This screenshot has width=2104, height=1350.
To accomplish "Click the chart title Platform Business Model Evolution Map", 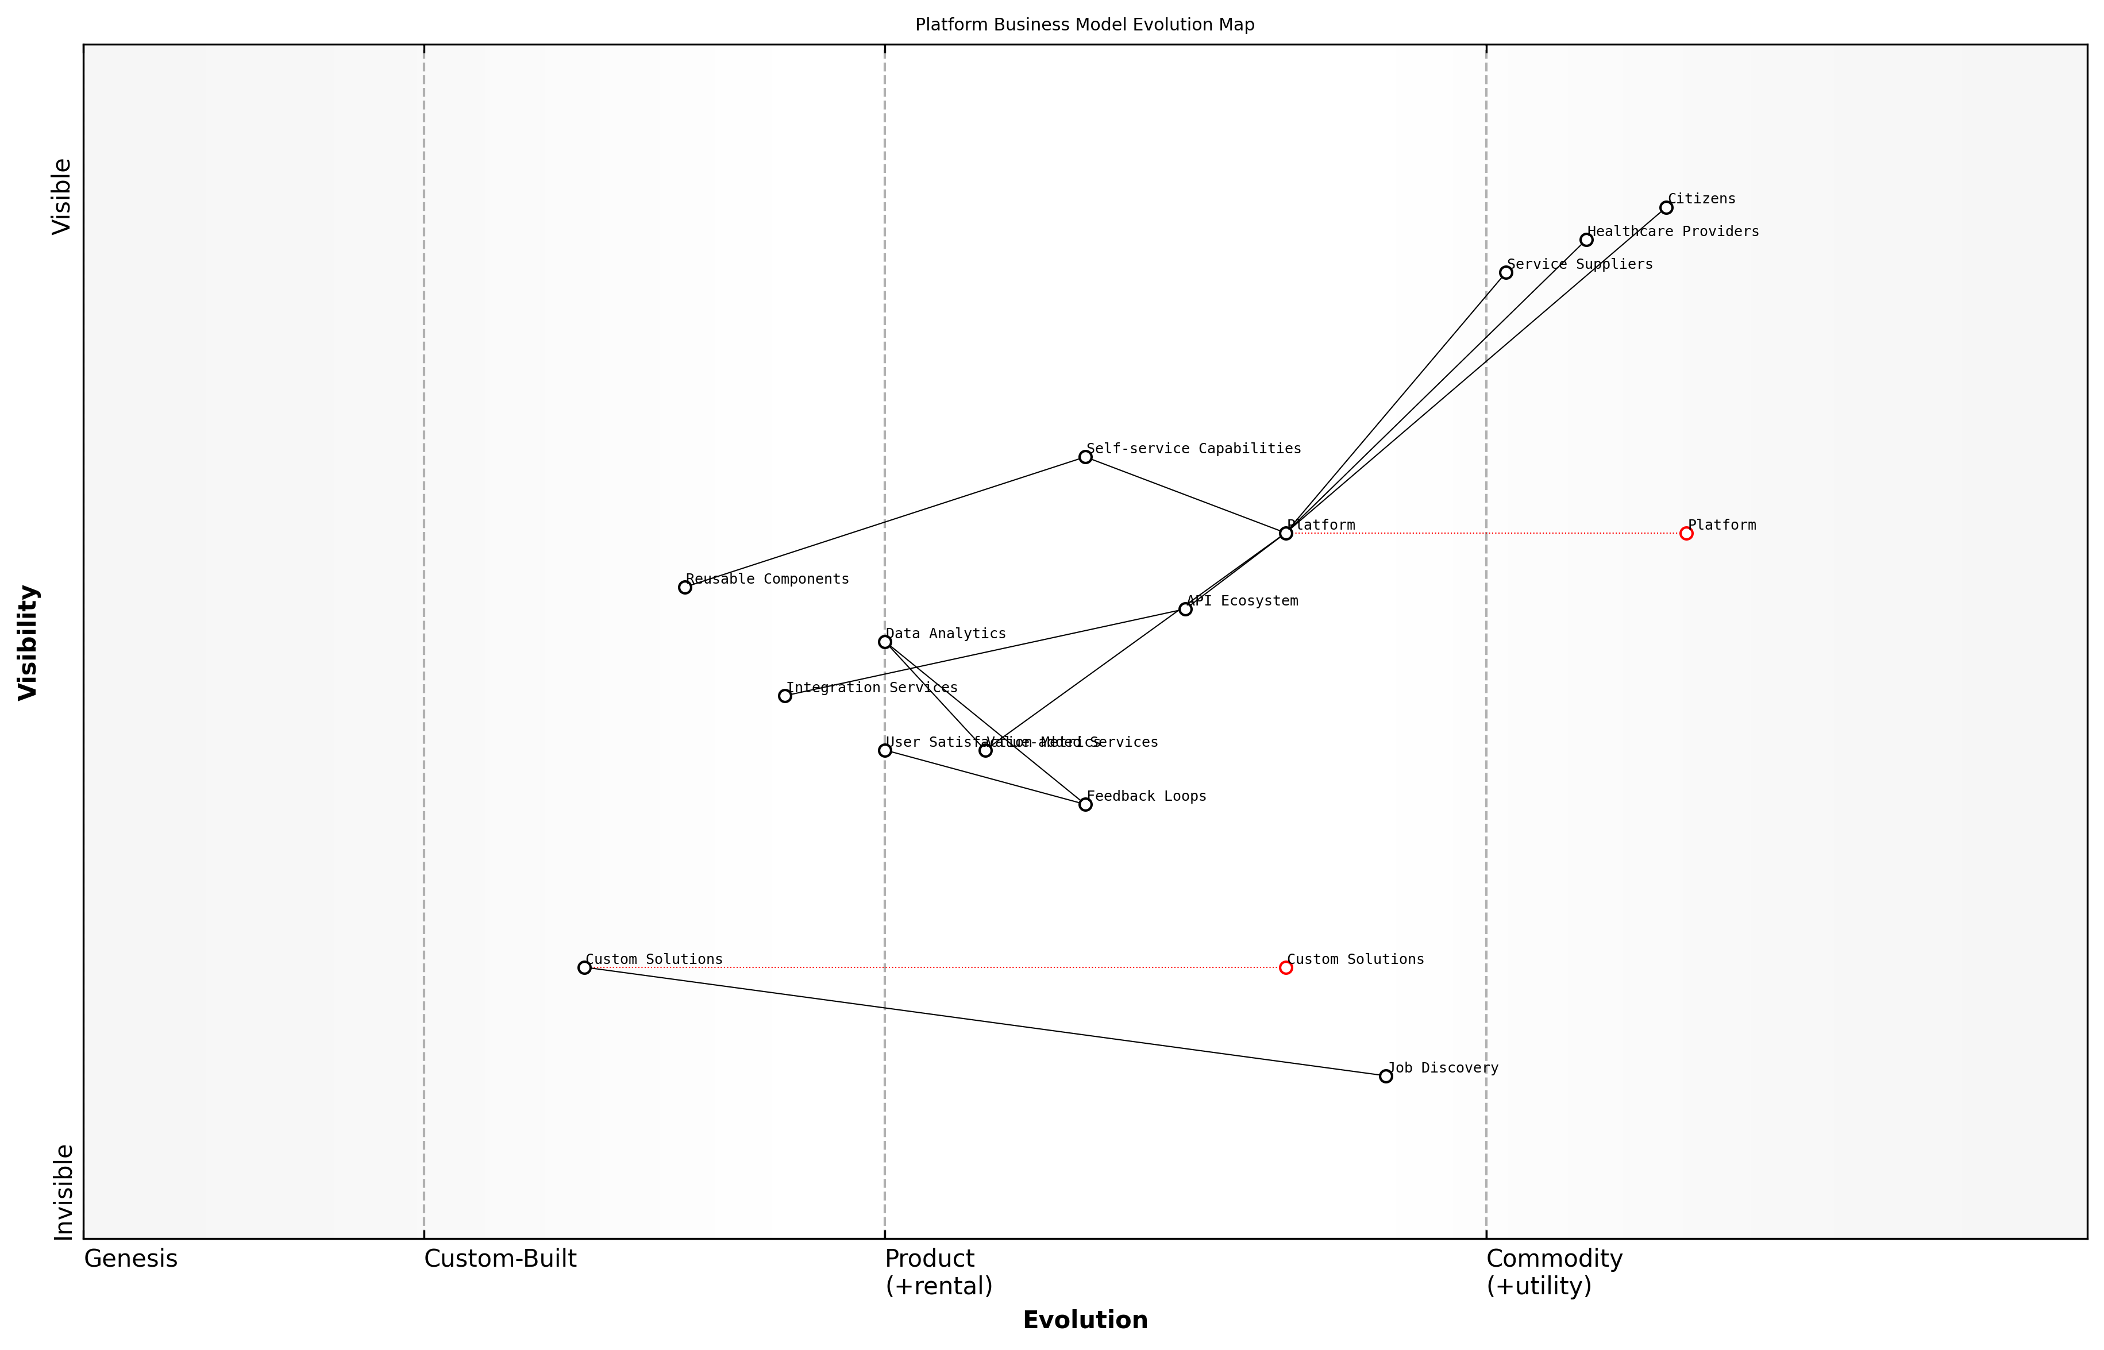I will tap(1084, 25).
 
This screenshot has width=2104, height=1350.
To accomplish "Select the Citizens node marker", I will tap(1666, 208).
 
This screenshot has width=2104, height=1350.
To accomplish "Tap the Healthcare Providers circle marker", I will tap(1586, 240).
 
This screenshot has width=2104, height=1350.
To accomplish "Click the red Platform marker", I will tap(1686, 533).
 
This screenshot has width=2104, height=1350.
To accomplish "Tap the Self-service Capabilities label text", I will tap(1193, 449).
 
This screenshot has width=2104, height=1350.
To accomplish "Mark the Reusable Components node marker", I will tap(685, 587).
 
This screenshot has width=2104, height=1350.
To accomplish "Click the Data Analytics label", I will tap(945, 634).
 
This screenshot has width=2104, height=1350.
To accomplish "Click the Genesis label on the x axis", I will tap(130, 1259).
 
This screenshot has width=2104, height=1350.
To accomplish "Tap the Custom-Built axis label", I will tap(500, 1259).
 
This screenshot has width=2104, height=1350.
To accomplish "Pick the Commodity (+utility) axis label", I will tap(1554, 1272).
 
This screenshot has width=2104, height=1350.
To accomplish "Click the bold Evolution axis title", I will tap(1084, 1320).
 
